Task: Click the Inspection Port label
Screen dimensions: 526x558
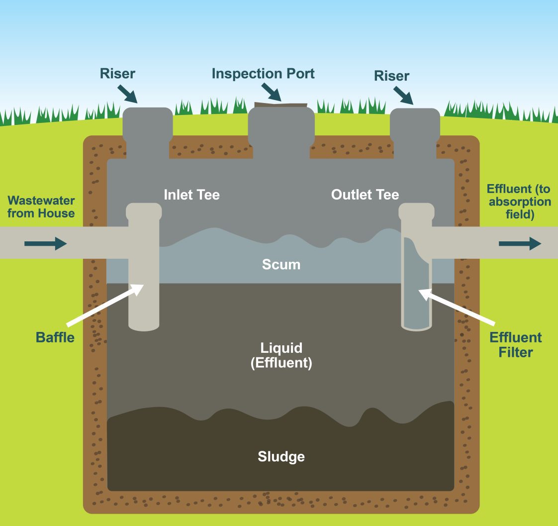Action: (x=263, y=74)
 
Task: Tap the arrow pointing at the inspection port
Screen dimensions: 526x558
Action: (x=271, y=92)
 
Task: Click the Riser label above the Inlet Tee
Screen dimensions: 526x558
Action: (x=117, y=74)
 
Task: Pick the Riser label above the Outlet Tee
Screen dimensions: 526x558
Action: (x=392, y=76)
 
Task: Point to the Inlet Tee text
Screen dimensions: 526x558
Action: (x=191, y=195)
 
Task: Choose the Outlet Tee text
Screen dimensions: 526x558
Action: (x=365, y=195)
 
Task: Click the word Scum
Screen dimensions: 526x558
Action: (x=281, y=264)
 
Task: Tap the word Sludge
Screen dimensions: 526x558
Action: (x=281, y=456)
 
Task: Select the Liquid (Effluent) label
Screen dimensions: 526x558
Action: (x=281, y=355)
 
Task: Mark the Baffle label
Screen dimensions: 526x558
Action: (x=55, y=337)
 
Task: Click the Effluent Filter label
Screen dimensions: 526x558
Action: (x=515, y=345)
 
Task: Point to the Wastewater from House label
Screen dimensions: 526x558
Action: (x=41, y=207)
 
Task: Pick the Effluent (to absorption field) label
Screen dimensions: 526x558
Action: (x=519, y=202)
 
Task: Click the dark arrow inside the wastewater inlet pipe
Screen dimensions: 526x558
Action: (x=45, y=244)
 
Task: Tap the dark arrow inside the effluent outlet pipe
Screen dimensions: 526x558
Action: (x=520, y=243)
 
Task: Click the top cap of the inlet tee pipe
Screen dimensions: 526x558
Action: (x=144, y=211)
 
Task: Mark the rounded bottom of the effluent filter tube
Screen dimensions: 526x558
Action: (x=416, y=327)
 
